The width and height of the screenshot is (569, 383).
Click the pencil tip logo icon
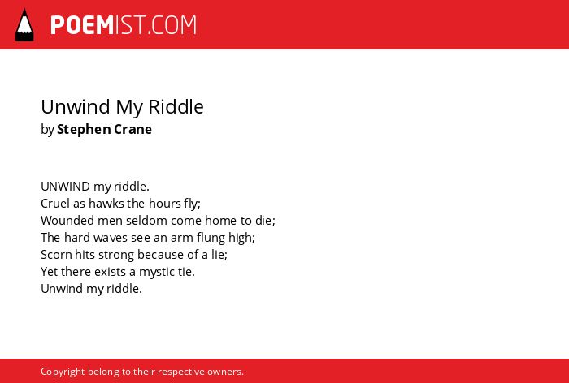[x=24, y=24]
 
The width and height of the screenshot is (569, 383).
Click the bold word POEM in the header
[x=82, y=25]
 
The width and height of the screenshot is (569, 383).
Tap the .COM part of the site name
[x=172, y=25]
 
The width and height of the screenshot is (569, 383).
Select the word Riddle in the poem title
[x=176, y=106]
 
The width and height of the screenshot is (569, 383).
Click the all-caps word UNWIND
[x=65, y=187]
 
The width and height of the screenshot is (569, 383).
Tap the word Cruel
[x=55, y=204]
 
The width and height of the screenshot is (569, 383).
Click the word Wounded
[x=67, y=221]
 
